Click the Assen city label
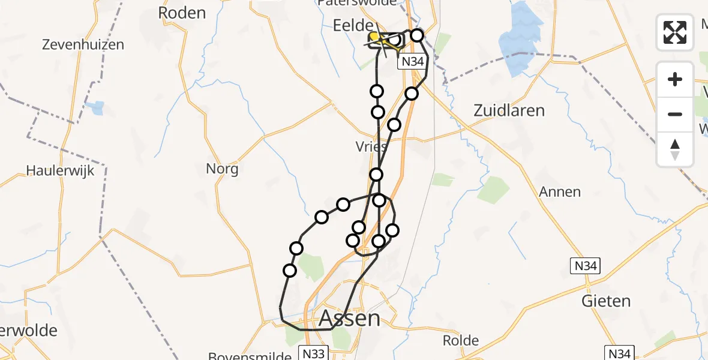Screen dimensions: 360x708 [350, 317]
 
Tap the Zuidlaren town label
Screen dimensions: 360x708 [509, 110]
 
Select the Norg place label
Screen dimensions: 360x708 [222, 169]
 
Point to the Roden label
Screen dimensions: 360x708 [181, 13]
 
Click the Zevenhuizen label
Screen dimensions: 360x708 [83, 44]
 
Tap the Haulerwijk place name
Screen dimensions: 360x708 [60, 170]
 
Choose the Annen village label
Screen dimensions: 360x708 [560, 192]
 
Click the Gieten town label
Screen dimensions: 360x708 [605, 301]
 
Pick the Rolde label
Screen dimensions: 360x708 [461, 341]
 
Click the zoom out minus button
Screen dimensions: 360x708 [675, 114]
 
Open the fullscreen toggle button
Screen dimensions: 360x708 [675, 32]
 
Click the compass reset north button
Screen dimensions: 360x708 [675, 149]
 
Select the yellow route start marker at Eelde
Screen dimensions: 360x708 [373, 37]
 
